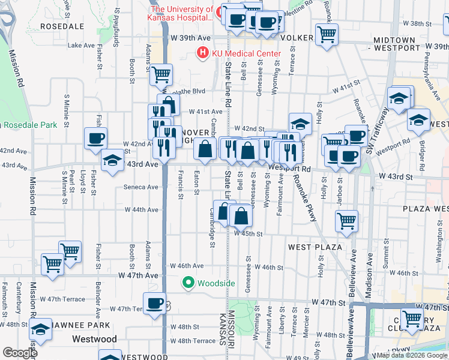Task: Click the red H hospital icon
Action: [203, 54]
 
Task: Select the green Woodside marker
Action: [188, 283]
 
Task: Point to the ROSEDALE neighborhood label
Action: [62, 26]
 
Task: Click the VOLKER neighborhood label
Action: [297, 38]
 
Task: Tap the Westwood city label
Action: [94, 339]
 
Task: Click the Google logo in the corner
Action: [19, 353]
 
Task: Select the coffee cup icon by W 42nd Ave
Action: [95, 139]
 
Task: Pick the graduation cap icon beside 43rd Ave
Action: [112, 160]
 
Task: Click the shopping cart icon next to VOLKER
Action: [327, 34]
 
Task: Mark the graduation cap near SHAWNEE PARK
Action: [41, 329]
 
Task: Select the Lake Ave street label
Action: [82, 45]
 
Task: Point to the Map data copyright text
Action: [411, 355]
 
